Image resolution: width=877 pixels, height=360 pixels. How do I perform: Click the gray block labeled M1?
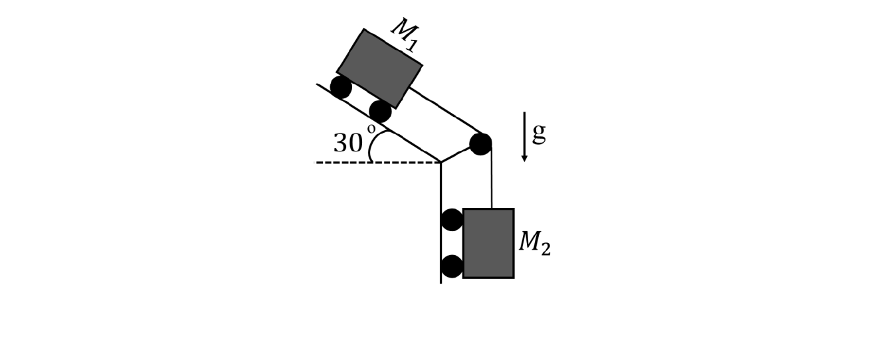point(379,68)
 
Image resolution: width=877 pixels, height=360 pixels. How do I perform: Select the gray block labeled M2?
point(488,243)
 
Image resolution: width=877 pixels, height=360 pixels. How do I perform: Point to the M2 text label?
point(534,243)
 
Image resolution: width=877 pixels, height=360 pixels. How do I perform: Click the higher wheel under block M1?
point(341,87)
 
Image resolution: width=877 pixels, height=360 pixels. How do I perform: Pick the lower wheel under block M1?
point(380,111)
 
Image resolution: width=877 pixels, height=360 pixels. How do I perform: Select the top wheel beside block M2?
point(452,219)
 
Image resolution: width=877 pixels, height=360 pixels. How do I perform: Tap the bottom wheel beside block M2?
point(452,266)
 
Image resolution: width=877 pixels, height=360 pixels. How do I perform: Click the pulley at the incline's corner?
point(480,143)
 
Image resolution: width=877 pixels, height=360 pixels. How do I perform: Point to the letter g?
point(539,133)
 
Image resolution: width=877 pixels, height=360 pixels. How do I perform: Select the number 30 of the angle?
point(348,143)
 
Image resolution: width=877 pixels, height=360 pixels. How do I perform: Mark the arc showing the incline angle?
point(372,146)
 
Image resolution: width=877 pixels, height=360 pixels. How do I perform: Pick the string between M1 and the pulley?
point(445,110)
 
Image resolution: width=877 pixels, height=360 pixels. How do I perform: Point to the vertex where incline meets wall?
point(440,162)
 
